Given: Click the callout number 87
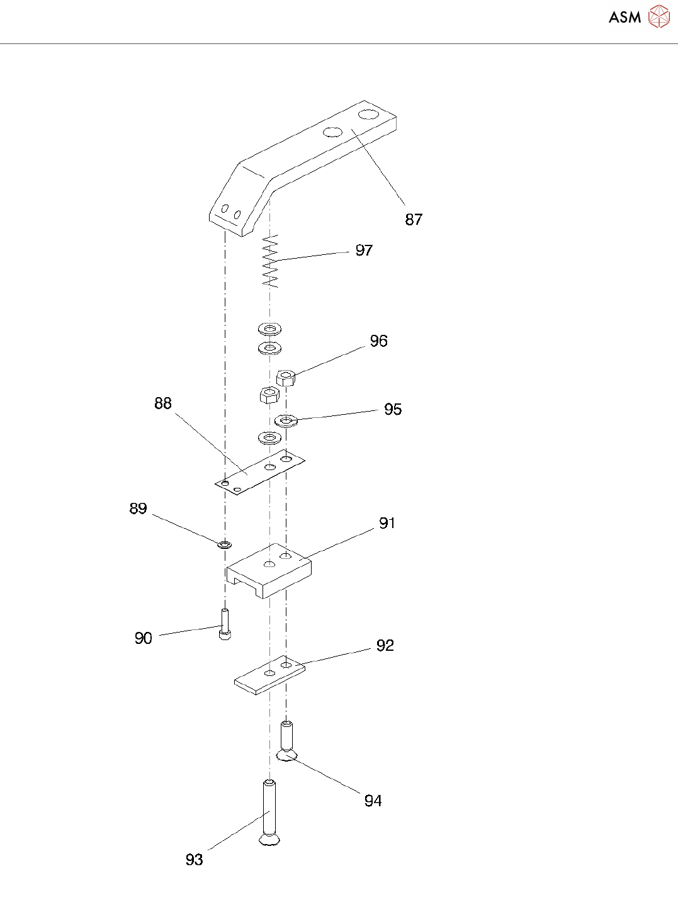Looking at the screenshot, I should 414,219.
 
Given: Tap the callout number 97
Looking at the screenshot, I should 364,251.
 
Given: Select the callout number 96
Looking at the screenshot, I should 378,341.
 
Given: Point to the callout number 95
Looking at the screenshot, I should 393,410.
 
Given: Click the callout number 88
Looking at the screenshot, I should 163,403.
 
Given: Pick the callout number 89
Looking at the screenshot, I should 138,509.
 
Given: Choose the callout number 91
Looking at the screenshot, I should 387,523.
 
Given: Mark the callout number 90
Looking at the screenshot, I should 144,638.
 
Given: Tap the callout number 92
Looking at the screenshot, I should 385,646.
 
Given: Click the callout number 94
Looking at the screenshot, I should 373,801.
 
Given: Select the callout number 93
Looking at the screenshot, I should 194,860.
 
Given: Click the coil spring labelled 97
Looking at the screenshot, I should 270,261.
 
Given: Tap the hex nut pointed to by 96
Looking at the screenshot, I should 286,378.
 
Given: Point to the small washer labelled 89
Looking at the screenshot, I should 224,543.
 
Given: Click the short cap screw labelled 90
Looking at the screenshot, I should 225,624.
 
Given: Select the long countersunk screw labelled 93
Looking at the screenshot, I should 269,812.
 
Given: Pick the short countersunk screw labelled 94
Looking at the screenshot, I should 286,740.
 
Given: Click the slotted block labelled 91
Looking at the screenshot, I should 269,570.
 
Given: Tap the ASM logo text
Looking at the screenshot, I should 624,18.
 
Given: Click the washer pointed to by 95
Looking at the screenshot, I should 286,420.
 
